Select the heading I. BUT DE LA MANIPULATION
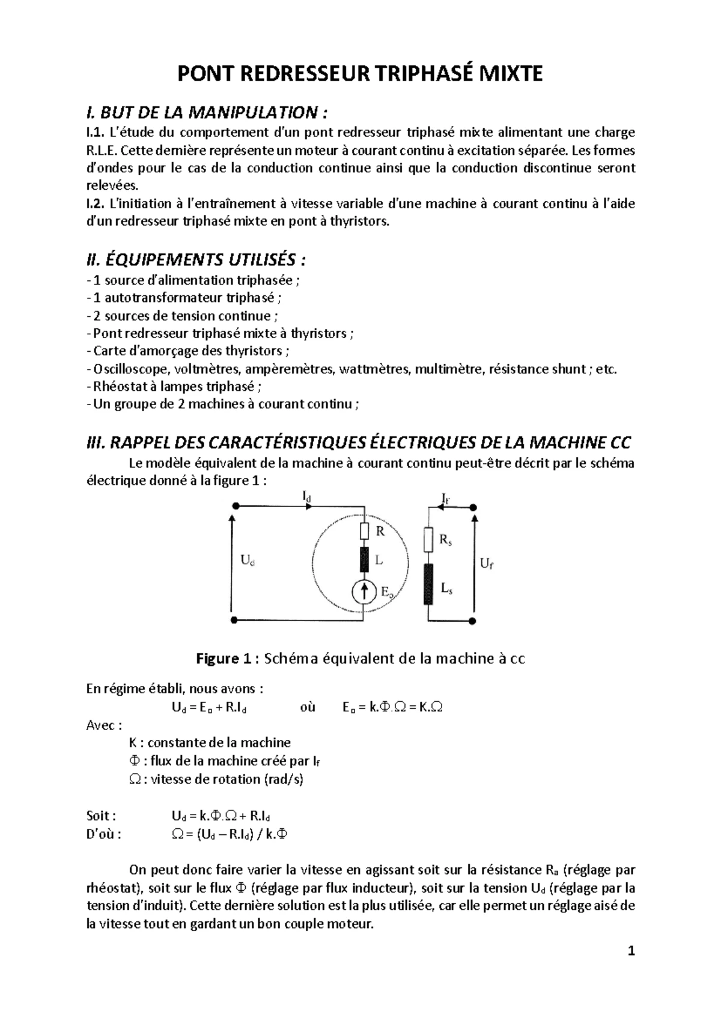[x=208, y=112]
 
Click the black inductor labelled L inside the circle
[x=364, y=559]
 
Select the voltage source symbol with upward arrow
[x=364, y=593]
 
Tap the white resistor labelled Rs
[x=428, y=540]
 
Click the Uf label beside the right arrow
[x=487, y=564]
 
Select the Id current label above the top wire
[x=307, y=496]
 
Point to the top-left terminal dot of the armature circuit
[x=235, y=507]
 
